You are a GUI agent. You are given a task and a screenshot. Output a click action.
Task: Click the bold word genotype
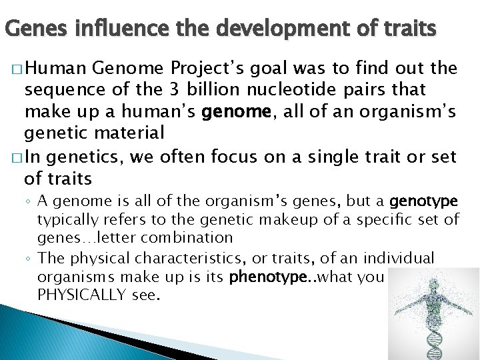click(423, 201)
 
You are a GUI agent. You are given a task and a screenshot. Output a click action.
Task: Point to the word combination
click(193, 237)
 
